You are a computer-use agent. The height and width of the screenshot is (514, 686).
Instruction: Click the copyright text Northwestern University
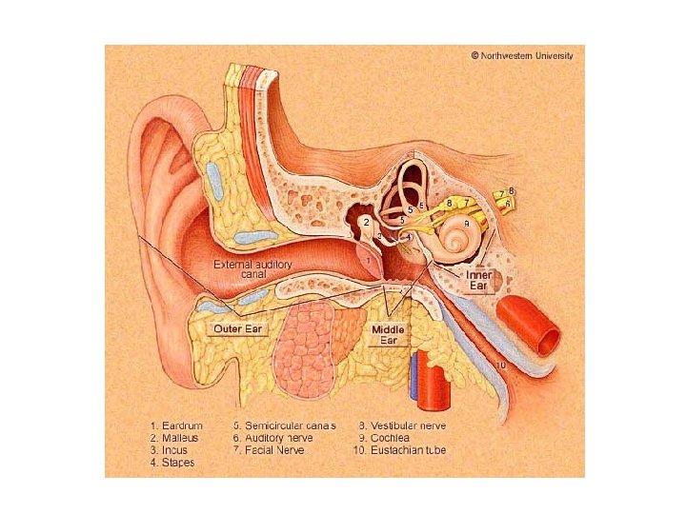(523, 55)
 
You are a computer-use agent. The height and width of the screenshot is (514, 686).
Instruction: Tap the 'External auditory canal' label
(252, 268)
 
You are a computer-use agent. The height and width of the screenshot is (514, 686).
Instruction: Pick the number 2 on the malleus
(367, 222)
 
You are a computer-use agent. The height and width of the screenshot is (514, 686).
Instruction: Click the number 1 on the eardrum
(368, 257)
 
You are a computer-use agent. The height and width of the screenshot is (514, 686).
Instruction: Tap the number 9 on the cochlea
(466, 223)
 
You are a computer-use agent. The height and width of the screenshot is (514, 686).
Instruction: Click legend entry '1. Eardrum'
(174, 425)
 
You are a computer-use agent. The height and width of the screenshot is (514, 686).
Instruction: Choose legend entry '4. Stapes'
(172, 463)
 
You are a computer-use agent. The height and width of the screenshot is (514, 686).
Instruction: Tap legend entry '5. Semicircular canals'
(285, 425)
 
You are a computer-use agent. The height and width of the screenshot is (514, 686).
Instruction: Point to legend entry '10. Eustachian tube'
(402, 450)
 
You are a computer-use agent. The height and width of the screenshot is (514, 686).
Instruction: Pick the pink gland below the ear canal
(304, 347)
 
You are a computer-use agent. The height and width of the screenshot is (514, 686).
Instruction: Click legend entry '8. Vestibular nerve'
(403, 425)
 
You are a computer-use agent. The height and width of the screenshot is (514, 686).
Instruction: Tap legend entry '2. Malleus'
(173, 438)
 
